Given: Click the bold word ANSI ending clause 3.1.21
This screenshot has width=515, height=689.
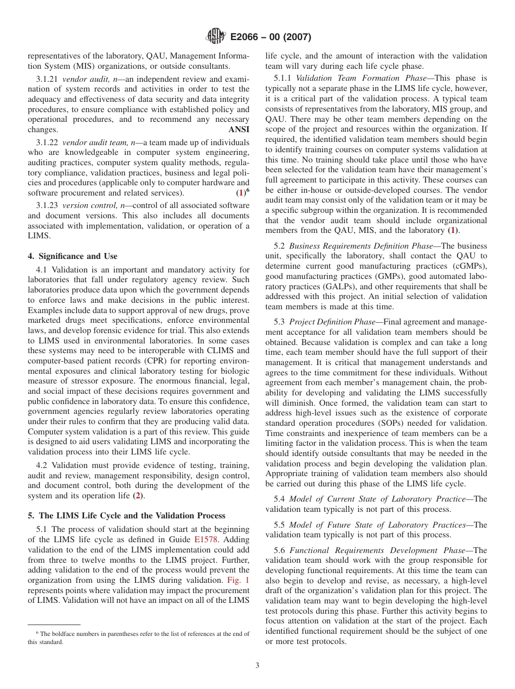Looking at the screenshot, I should pos(239,130).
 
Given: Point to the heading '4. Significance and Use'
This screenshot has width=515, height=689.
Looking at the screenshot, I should pos(72,256).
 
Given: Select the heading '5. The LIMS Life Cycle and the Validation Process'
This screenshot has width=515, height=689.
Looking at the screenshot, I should pos(126,516).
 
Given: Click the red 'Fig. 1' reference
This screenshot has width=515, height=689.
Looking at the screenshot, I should pos(239,581).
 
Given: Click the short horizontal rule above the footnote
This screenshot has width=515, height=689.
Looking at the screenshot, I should pos(54,624).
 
